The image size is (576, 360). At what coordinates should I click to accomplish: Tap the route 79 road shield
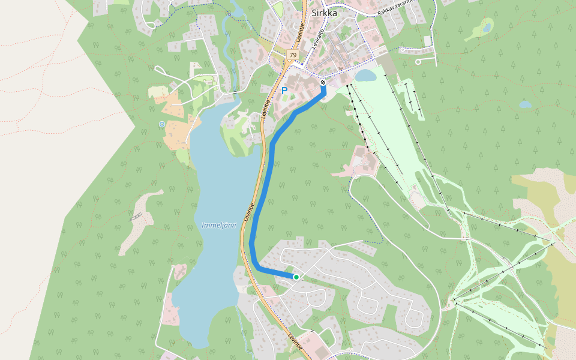coord(292,55)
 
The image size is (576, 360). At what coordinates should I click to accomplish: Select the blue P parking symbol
coord(284,91)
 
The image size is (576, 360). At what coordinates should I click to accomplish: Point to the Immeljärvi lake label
coord(219,225)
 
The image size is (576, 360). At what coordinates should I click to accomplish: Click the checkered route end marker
coord(323,82)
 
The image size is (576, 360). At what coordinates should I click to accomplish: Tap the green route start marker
coord(296,277)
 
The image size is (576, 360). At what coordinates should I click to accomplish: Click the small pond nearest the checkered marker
coord(365,75)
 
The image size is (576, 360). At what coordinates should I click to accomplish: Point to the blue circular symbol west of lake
coord(161,124)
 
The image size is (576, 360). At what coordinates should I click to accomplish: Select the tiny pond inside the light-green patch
coord(487,27)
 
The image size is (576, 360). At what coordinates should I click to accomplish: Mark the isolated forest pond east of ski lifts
coord(525,104)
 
